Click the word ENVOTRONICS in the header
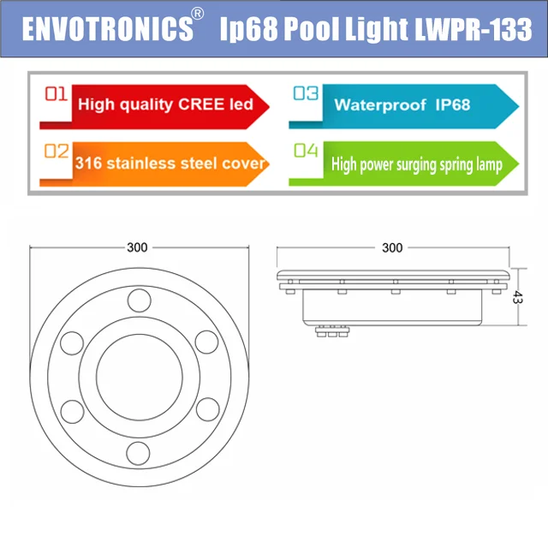pyautogui.click(x=107, y=28)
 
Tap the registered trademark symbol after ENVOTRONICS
pyautogui.click(x=198, y=15)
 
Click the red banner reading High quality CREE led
pyautogui.click(x=163, y=104)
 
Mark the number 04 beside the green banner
pyautogui.click(x=305, y=152)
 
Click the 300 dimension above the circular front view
pyautogui.click(x=137, y=247)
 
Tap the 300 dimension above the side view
pyautogui.click(x=391, y=247)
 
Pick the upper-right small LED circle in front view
pyautogui.click(x=205, y=340)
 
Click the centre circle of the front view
pyautogui.click(x=137, y=376)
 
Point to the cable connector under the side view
pyautogui.click(x=333, y=332)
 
